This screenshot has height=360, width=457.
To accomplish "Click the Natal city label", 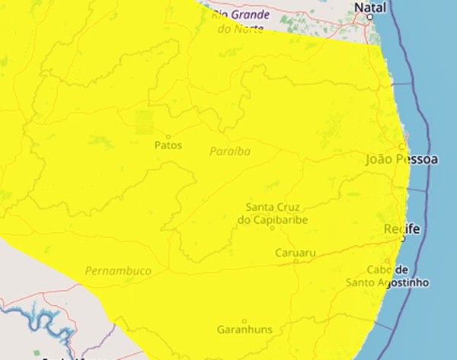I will [370, 8].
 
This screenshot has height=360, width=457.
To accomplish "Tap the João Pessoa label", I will [402, 160].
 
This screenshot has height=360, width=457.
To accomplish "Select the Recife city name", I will [401, 228].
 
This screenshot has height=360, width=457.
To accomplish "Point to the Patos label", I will [168, 145].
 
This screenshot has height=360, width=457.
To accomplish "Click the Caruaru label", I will [296, 251].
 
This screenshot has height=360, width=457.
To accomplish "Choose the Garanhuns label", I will [244, 331].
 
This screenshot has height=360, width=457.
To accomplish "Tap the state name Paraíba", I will [230, 151].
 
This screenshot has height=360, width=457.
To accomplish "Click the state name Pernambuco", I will [118, 271].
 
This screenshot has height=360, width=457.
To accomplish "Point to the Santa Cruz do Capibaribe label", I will [271, 213].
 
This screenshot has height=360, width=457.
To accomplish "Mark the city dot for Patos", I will [168, 135].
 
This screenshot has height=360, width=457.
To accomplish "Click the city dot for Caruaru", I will [296, 260].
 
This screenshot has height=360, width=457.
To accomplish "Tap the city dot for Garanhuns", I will [244, 321].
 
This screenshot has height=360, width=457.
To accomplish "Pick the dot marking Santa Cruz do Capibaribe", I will [272, 227].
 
